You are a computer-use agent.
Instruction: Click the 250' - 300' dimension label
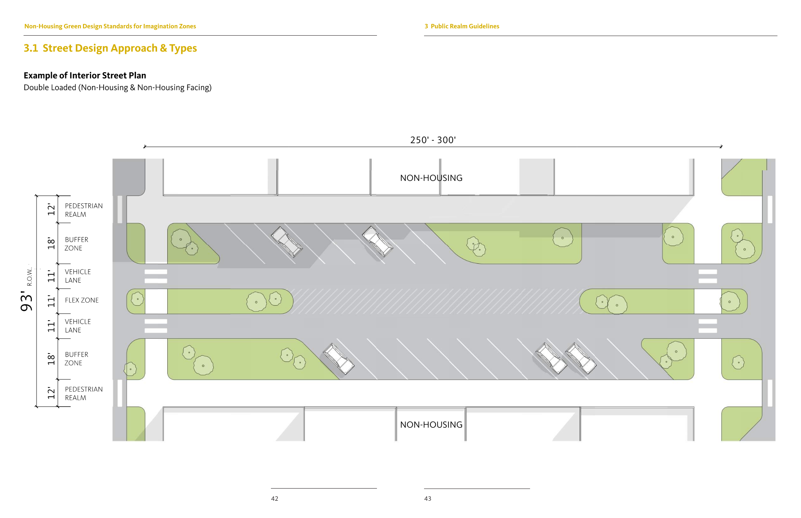tap(433, 140)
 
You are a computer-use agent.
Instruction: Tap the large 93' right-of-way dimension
tap(27, 301)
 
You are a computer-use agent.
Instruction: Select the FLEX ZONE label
tap(82, 300)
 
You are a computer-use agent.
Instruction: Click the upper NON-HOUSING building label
tap(431, 178)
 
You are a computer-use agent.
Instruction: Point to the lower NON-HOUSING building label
tap(431, 425)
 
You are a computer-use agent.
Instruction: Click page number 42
tap(274, 499)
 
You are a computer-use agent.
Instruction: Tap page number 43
tap(428, 499)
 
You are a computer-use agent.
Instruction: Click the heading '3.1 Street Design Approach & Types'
tap(110, 48)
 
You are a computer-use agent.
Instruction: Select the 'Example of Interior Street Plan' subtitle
tap(85, 75)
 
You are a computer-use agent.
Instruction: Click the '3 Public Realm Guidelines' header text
tap(462, 26)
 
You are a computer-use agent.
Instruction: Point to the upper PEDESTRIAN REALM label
tap(84, 210)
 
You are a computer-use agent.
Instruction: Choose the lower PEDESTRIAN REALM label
tap(84, 394)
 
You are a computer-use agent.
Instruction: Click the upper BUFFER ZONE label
tap(77, 244)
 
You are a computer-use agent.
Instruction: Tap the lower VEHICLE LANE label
tap(78, 326)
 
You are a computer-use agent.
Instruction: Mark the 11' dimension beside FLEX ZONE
tap(51, 301)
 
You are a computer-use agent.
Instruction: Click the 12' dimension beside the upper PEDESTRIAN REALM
tap(51, 209)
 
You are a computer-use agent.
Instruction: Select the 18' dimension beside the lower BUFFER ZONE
tap(51, 359)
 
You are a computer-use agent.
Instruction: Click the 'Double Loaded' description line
tap(117, 88)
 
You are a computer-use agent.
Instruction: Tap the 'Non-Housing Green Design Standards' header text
tap(110, 26)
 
